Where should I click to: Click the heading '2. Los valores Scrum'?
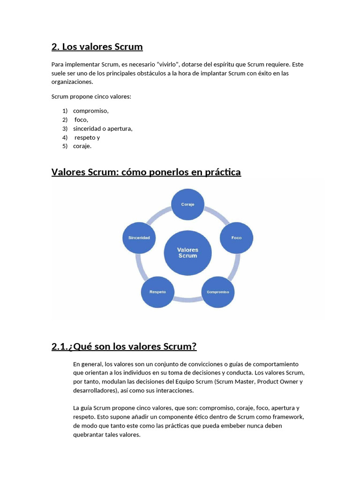97,47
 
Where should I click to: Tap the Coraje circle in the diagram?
187,204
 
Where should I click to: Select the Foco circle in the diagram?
236,238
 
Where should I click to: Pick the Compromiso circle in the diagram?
217,292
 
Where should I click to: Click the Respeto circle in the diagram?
157,292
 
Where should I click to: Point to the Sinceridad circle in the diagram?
139,238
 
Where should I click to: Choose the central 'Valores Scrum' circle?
187,253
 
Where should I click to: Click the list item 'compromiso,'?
91,111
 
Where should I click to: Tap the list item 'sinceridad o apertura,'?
103,128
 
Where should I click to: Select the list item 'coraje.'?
82,146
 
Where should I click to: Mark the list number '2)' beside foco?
65,120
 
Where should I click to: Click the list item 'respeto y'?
87,137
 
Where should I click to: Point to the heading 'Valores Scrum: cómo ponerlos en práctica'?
146,172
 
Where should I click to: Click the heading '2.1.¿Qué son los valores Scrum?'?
124,347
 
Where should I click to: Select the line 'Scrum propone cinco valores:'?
91,97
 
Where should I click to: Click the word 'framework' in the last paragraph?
288,417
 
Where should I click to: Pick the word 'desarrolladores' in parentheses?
95,390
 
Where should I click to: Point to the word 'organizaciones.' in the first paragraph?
72,82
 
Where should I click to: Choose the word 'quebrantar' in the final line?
88,435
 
